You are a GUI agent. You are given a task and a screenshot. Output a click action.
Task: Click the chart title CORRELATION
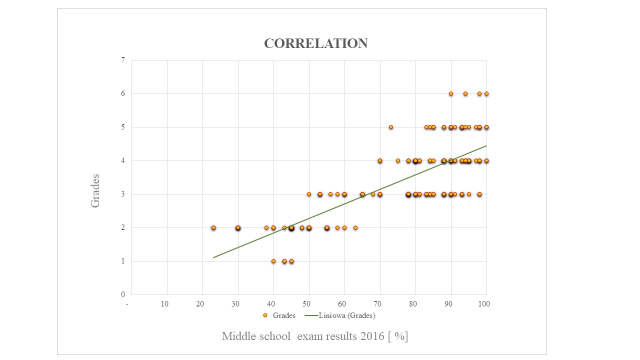(315, 43)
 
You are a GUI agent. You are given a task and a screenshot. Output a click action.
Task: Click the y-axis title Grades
(95, 190)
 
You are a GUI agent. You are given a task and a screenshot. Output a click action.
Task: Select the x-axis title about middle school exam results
(315, 336)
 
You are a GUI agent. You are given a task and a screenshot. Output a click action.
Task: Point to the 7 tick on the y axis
(123, 60)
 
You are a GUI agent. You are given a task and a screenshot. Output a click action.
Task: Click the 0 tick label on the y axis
(123, 294)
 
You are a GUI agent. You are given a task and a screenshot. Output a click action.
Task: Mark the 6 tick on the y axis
(123, 93)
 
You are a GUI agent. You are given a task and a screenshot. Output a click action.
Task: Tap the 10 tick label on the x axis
(164, 304)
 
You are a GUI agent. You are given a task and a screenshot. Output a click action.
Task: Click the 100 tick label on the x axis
(483, 304)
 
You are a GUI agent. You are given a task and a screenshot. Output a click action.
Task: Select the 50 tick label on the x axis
(306, 304)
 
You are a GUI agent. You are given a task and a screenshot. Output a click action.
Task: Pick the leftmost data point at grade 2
(213, 227)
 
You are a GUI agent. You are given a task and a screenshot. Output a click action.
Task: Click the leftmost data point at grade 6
(451, 93)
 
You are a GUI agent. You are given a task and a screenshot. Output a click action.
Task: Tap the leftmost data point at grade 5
(391, 127)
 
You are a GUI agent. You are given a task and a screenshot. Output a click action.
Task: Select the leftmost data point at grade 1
(273, 261)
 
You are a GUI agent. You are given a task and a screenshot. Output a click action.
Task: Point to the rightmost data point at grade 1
(291, 261)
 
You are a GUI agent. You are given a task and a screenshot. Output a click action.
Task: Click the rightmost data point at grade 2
(355, 227)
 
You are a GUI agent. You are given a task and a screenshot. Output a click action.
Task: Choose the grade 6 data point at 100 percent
(486, 93)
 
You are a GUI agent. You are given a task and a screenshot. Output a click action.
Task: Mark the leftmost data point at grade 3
(309, 194)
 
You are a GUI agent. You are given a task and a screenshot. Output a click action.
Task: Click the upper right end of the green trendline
(486, 146)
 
